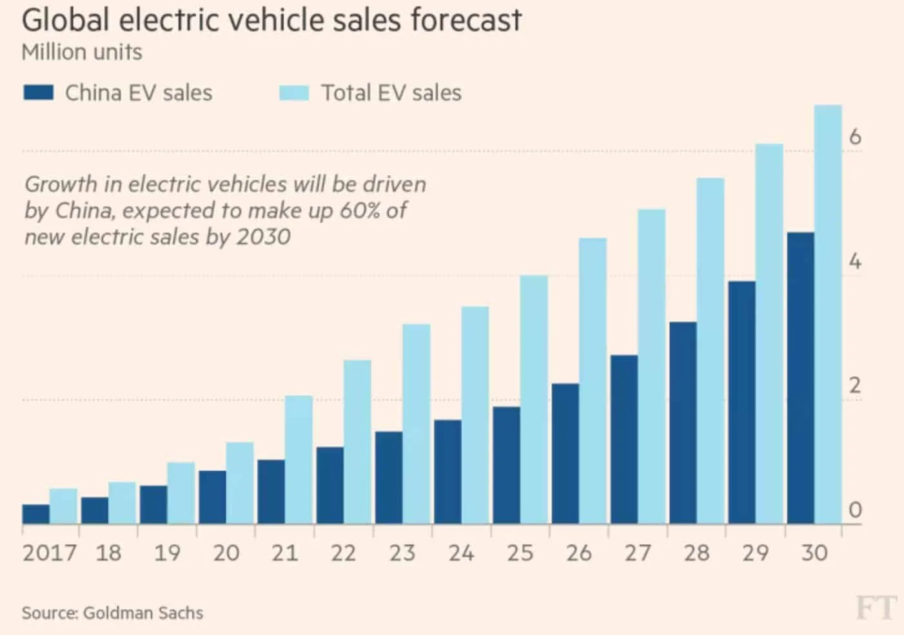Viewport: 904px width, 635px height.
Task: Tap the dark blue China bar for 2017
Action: point(36,514)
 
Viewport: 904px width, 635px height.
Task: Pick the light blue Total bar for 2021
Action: point(299,460)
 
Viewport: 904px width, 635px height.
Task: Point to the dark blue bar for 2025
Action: point(506,465)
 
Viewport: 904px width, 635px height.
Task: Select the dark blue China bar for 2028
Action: point(683,422)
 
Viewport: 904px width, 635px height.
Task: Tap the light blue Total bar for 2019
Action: point(181,493)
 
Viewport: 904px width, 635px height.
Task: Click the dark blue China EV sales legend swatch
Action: point(38,93)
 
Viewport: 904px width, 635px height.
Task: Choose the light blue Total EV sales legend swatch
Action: point(294,93)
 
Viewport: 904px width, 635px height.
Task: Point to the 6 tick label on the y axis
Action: point(855,137)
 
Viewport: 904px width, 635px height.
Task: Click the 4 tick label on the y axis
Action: point(855,261)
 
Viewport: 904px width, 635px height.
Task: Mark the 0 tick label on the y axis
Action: point(855,510)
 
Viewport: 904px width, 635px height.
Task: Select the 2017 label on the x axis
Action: point(49,553)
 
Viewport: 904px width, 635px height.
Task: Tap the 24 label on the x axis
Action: point(461,553)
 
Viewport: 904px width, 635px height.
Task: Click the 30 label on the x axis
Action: point(814,553)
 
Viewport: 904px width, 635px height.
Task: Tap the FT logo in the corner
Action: point(876,608)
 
